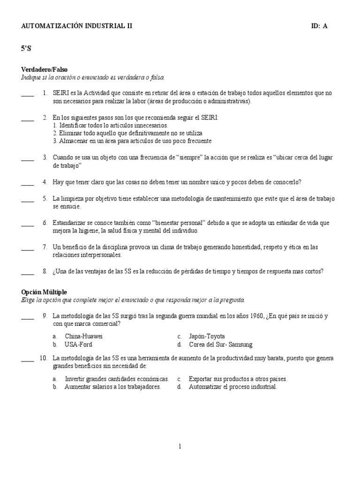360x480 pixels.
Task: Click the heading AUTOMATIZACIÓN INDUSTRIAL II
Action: [77, 26]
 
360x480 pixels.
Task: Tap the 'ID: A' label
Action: [319, 26]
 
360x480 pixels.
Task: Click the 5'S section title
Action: [27, 48]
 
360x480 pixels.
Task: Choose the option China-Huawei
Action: [83, 336]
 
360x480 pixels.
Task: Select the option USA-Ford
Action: [79, 345]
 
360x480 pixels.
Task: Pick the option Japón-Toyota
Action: [207, 336]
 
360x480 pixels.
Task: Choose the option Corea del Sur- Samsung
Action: [220, 345]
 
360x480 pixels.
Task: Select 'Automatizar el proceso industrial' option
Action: [233, 387]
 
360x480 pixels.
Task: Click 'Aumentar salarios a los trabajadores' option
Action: [113, 387]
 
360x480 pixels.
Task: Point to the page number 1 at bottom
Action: [180, 447]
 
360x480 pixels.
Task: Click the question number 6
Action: [45, 223]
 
